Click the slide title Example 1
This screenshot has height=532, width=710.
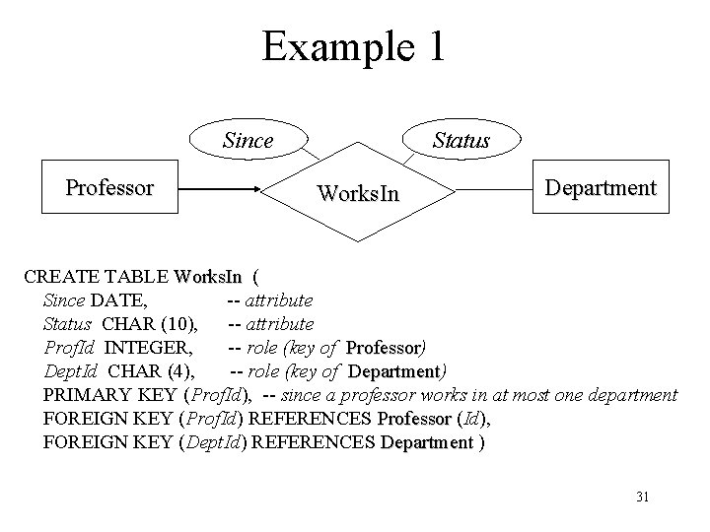353,48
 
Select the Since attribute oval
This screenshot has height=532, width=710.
248,141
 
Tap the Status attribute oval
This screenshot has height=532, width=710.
461,141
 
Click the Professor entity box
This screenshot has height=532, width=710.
109,187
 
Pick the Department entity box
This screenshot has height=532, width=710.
601,187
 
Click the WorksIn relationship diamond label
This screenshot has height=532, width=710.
358,194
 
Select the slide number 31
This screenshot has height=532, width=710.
641,497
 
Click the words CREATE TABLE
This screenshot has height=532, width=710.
96,276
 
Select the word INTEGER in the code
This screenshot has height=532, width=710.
149,347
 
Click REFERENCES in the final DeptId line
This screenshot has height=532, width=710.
315,442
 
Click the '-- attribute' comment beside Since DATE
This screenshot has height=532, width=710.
270,299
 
